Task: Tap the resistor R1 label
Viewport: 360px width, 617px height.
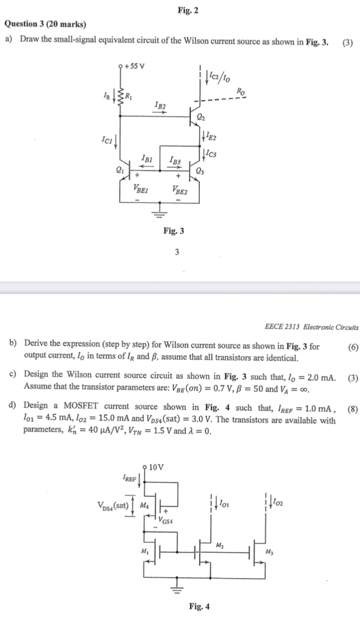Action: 130,95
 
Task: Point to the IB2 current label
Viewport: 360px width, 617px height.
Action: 161,106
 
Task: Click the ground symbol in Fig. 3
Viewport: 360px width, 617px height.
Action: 159,210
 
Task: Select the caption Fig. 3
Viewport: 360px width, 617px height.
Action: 173,231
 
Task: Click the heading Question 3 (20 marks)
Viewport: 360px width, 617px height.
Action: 45,24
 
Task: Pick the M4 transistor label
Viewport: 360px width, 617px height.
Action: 144,505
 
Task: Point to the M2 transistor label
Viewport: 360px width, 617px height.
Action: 220,545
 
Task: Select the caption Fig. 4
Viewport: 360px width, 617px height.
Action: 199,606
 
